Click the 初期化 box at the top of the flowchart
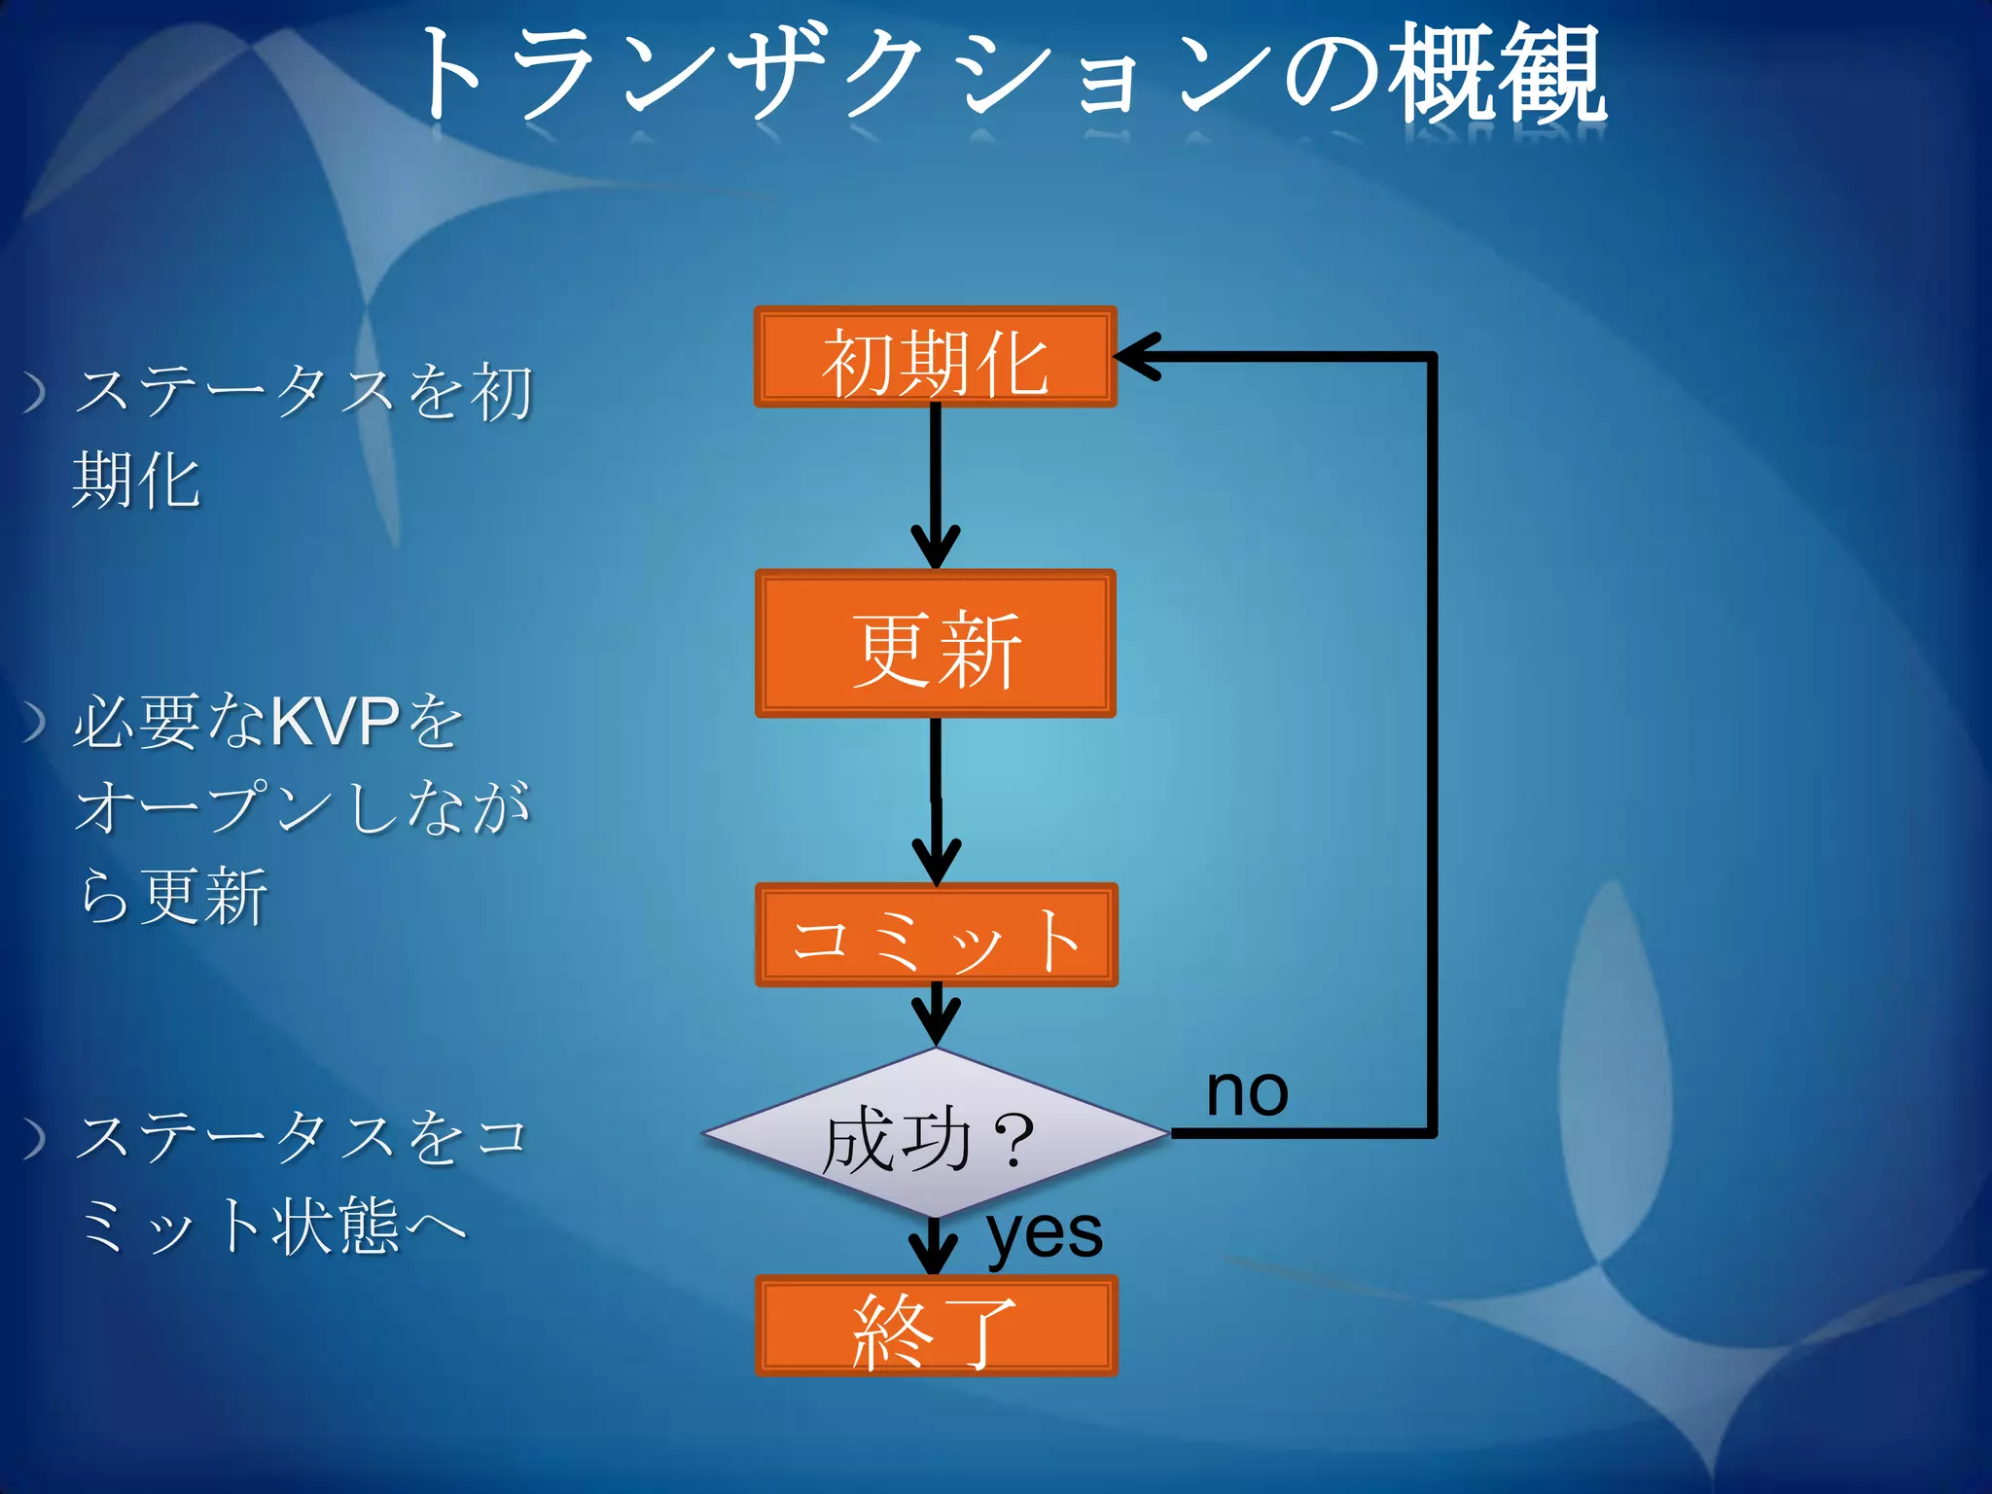(935, 357)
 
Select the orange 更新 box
(935, 644)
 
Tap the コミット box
(936, 936)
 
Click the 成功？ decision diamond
(935, 1134)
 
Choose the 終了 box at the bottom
(936, 1326)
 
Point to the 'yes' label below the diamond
(1045, 1234)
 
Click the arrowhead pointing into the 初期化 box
(1138, 357)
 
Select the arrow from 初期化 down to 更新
(936, 486)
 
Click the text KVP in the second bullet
(334, 722)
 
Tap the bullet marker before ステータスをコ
(35, 1138)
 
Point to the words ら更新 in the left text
(173, 897)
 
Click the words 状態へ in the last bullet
(370, 1226)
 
